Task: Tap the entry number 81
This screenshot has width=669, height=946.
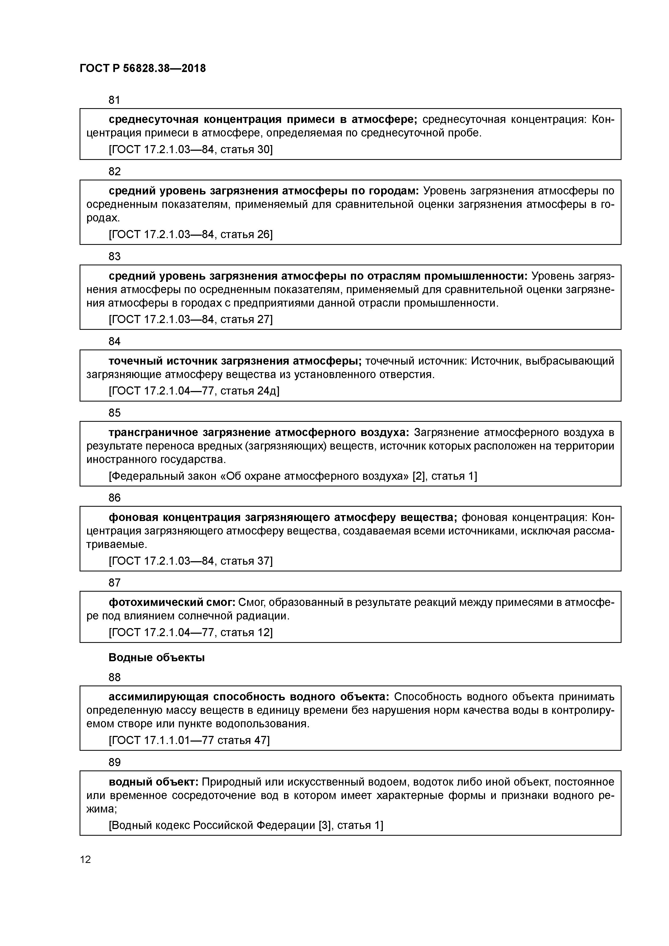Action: (114, 100)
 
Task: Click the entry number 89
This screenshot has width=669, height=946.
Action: (114, 762)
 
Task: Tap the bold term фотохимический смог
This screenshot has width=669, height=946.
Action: (172, 602)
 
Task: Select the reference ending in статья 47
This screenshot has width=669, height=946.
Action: (189, 741)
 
